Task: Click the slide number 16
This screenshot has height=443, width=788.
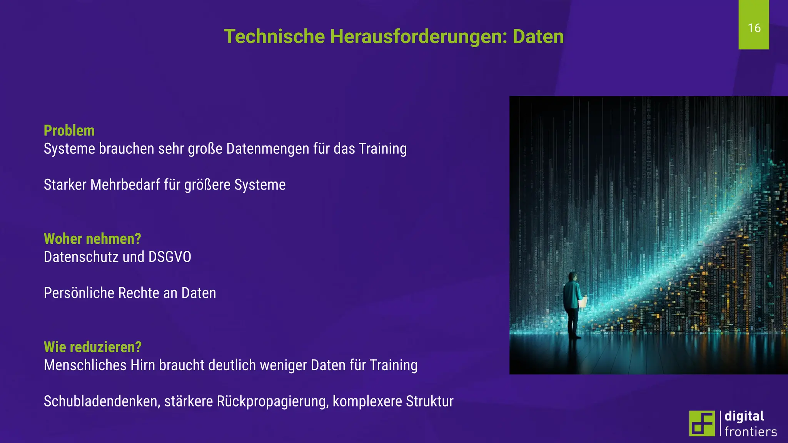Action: pyautogui.click(x=754, y=28)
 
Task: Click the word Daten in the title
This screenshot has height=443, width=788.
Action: pyautogui.click(x=538, y=37)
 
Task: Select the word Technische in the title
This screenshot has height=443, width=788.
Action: pyautogui.click(x=274, y=37)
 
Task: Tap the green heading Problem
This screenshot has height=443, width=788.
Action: pyautogui.click(x=69, y=131)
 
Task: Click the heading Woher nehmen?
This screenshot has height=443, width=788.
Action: pyautogui.click(x=92, y=239)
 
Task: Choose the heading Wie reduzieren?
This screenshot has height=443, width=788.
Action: pyautogui.click(x=93, y=347)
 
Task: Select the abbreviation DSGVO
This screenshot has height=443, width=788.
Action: pyautogui.click(x=170, y=257)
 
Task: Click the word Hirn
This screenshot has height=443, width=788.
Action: pyautogui.click(x=142, y=365)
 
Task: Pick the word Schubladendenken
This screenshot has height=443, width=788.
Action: pyautogui.click(x=101, y=401)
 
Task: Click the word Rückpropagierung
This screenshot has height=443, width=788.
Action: pyautogui.click(x=272, y=401)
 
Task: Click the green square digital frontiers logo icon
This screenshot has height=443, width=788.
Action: pyautogui.click(x=702, y=423)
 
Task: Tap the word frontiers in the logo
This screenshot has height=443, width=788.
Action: pyautogui.click(x=751, y=432)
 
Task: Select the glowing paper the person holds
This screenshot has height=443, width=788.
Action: pyautogui.click(x=583, y=301)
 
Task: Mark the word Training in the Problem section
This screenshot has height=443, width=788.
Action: pyautogui.click(x=382, y=149)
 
